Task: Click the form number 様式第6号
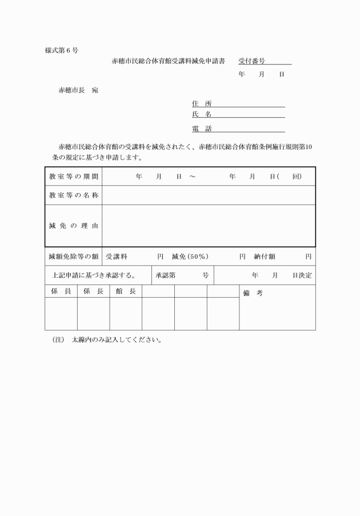point(62,50)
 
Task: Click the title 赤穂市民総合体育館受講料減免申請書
point(169,60)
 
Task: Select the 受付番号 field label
point(251,60)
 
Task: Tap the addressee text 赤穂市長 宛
point(78,90)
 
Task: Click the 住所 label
point(202,103)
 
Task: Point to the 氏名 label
point(202,114)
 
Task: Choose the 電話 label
point(202,129)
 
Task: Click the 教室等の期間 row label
point(73,177)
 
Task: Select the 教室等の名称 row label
point(73,195)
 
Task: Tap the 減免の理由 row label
point(73,226)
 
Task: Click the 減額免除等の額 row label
point(74,257)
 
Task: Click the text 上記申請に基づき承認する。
point(94,275)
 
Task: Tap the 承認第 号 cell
point(181,275)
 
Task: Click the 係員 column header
point(61,291)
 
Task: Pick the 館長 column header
point(125,291)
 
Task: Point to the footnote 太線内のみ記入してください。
point(117,339)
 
